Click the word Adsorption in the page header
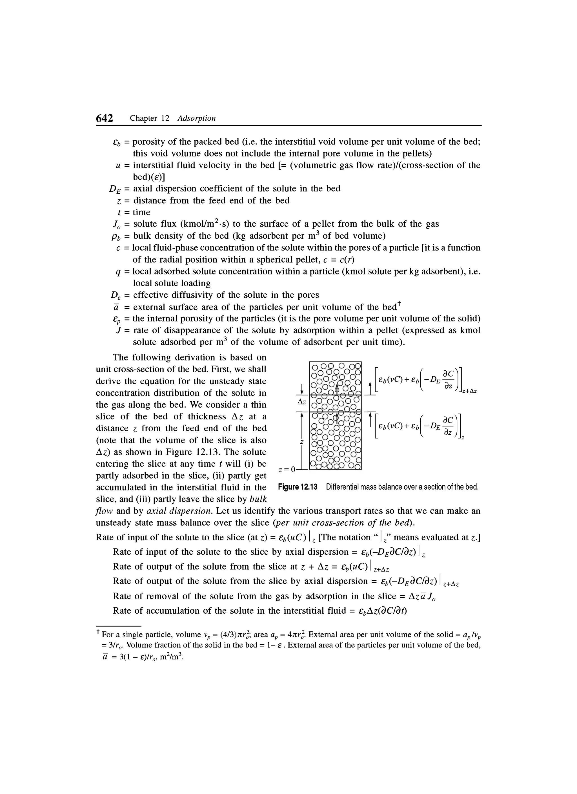(x=197, y=118)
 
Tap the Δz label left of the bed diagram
(x=301, y=402)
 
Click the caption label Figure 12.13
(x=298, y=487)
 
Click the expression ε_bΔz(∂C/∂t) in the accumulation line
(x=383, y=611)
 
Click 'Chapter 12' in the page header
(x=149, y=118)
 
